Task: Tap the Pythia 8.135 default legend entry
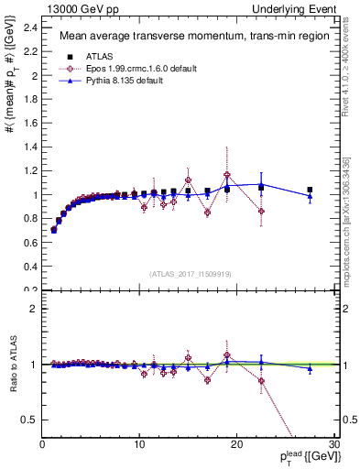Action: pyautogui.click(x=116, y=81)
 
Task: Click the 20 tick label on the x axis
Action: pyautogui.click(x=236, y=445)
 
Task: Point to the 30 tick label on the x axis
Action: pyautogui.click(x=333, y=445)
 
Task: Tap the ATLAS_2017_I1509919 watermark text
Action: pyautogui.click(x=190, y=273)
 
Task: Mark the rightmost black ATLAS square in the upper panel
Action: pyautogui.click(x=310, y=190)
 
